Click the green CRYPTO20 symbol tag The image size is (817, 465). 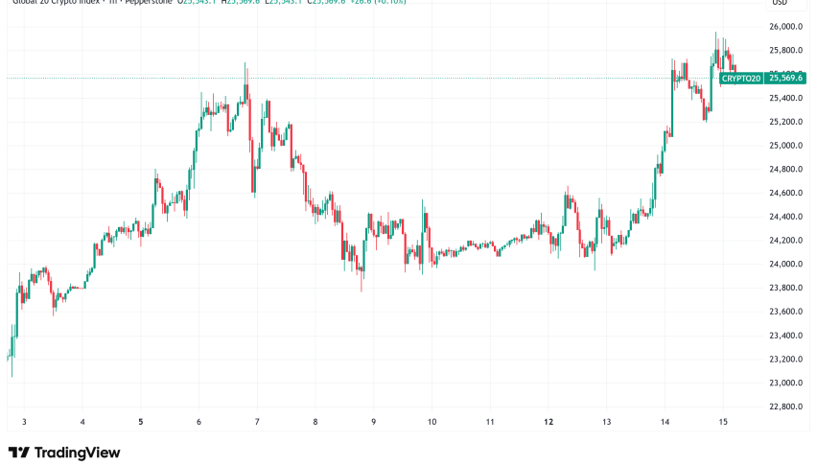[741, 78]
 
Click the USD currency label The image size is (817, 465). [779, 4]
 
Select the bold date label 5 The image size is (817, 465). [141, 421]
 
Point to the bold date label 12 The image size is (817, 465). [548, 421]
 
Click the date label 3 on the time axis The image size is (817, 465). [24, 421]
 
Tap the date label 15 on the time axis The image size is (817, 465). [724, 421]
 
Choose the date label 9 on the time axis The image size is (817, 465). [373, 421]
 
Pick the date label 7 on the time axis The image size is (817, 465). [257, 421]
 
